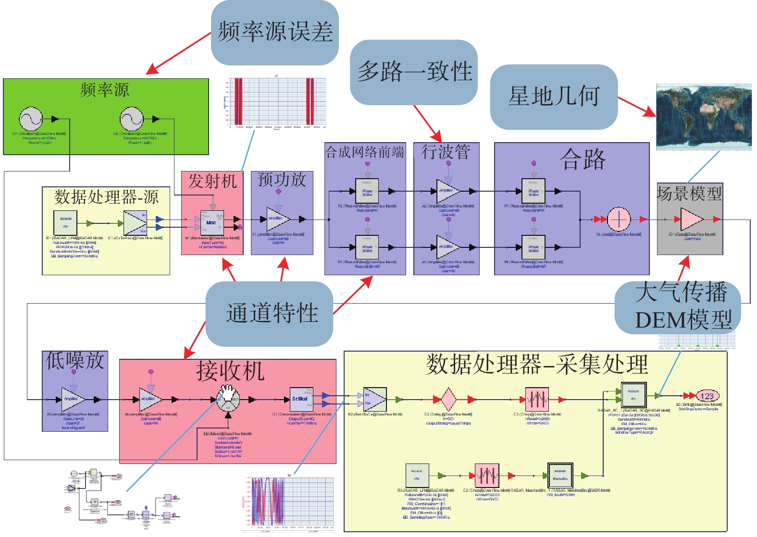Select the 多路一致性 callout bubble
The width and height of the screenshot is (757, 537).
coord(414,72)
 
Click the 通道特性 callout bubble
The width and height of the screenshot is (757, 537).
coord(270,313)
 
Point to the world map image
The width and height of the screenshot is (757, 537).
coord(704,117)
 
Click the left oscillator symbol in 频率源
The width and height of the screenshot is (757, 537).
coord(31,119)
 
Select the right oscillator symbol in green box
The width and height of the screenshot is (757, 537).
coord(132,119)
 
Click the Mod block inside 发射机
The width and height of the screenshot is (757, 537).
coord(211,222)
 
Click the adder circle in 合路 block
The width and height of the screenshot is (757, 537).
coord(619,219)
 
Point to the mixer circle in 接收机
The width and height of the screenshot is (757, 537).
coord(228,399)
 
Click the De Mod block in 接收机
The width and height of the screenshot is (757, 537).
coord(301,399)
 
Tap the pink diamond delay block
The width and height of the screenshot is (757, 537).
coord(448,399)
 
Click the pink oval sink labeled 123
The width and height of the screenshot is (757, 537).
coord(707,396)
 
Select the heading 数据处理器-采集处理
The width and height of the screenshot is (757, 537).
coord(537,365)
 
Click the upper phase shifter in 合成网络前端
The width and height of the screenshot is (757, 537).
coord(367,191)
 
